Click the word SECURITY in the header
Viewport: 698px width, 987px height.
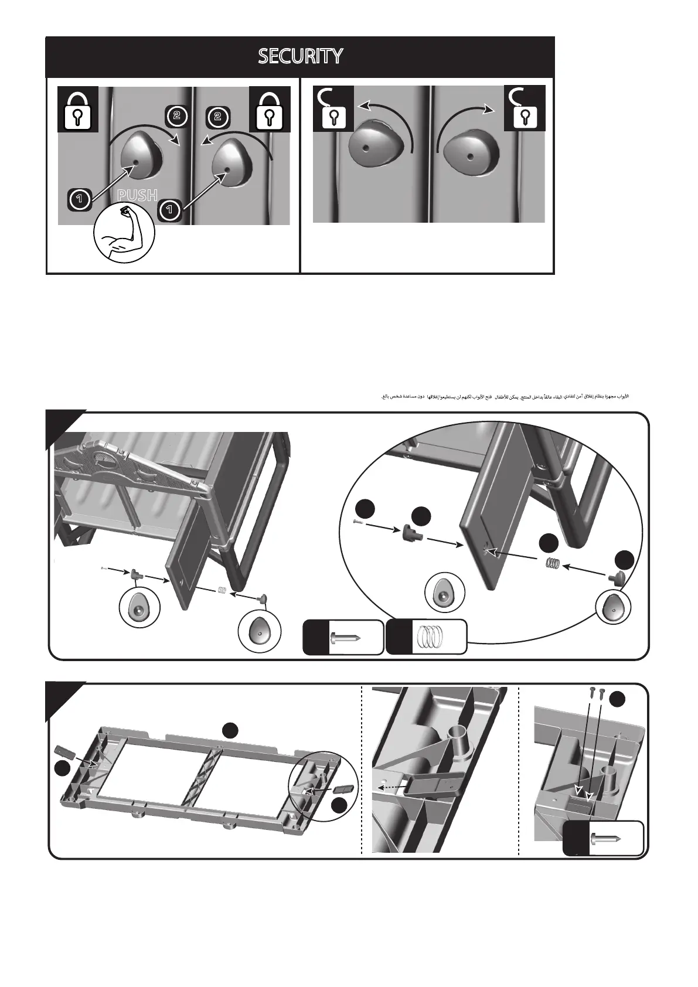(301, 56)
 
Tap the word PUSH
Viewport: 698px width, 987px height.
(138, 195)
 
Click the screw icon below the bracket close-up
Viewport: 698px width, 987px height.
(610, 839)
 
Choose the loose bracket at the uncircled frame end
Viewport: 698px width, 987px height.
(63, 750)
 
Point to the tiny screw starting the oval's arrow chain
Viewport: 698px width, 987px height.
(359, 523)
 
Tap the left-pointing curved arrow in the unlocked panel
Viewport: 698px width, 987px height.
(387, 118)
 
